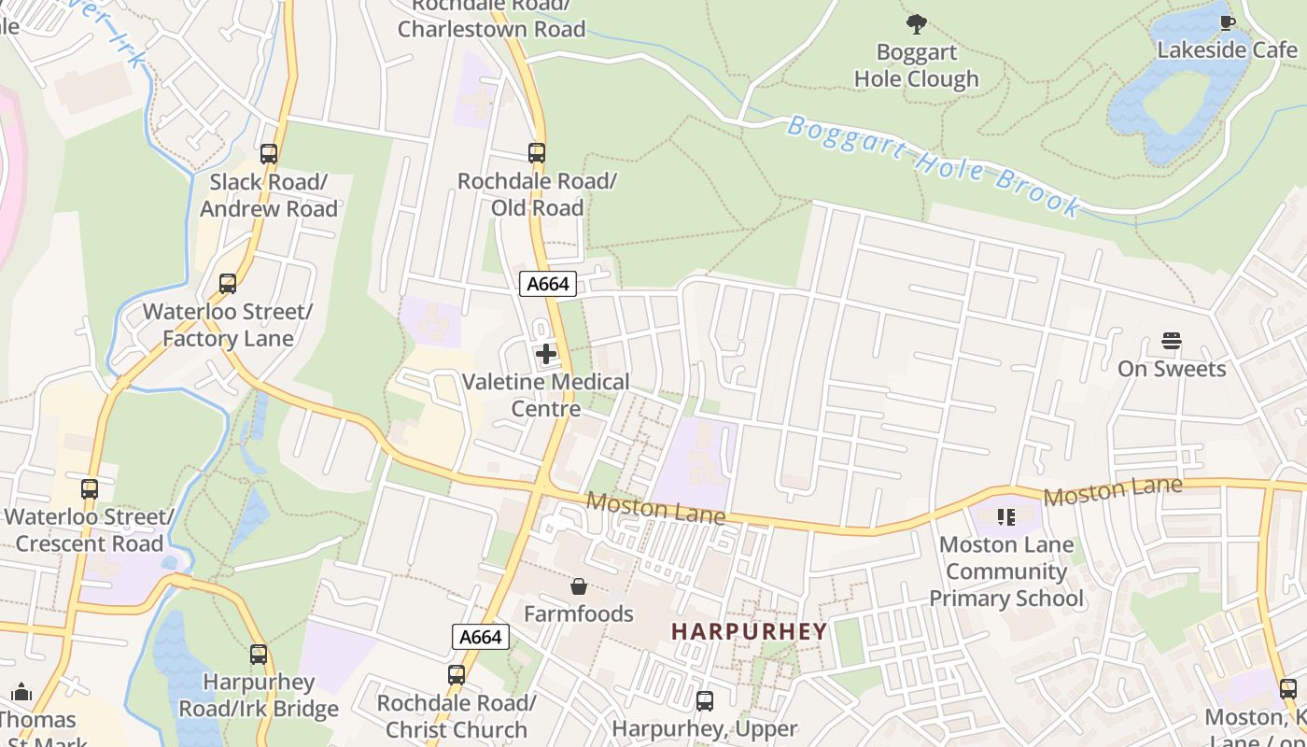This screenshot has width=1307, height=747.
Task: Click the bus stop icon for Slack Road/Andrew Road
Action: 269,153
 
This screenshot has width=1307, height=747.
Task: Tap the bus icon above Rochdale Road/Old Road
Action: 537,152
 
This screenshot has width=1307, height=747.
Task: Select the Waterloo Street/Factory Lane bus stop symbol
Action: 228,283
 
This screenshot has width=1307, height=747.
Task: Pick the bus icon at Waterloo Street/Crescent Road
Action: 90,488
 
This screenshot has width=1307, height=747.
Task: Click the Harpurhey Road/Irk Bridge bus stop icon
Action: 259,655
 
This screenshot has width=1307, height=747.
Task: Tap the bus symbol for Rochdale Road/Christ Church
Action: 457,674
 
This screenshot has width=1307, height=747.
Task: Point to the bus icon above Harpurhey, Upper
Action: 705,700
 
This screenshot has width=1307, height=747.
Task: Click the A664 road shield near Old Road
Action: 548,284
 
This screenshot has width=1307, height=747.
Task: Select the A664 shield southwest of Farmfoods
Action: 482,637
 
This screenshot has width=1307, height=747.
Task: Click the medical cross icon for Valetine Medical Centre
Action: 546,354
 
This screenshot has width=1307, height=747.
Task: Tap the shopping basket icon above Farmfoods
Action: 579,586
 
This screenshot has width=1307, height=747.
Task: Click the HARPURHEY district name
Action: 750,631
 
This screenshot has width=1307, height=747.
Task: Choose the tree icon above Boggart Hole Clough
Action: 917,23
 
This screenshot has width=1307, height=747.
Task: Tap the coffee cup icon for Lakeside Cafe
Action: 1227,22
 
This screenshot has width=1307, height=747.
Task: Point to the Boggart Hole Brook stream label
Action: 934,166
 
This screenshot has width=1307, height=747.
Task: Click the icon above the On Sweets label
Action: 1172,341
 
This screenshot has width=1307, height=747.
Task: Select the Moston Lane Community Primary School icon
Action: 1006,516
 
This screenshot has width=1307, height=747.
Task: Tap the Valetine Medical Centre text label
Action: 546,395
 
